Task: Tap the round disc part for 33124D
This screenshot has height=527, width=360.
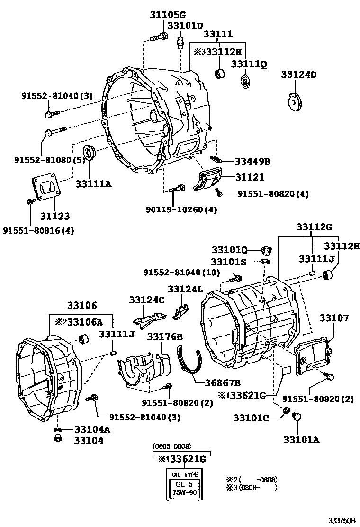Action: pos(297,103)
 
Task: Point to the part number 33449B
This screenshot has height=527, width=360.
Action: pos(252,162)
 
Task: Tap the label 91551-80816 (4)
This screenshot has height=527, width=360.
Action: pos(38,230)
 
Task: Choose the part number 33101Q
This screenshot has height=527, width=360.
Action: pos(230,250)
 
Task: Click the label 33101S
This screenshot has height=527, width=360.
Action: pos(229,262)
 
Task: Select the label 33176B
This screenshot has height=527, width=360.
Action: pos(164,336)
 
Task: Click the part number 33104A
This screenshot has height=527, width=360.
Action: pos(92,429)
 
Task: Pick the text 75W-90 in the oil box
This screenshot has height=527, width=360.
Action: pos(184,492)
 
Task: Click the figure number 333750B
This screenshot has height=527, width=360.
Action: pos(342,521)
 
